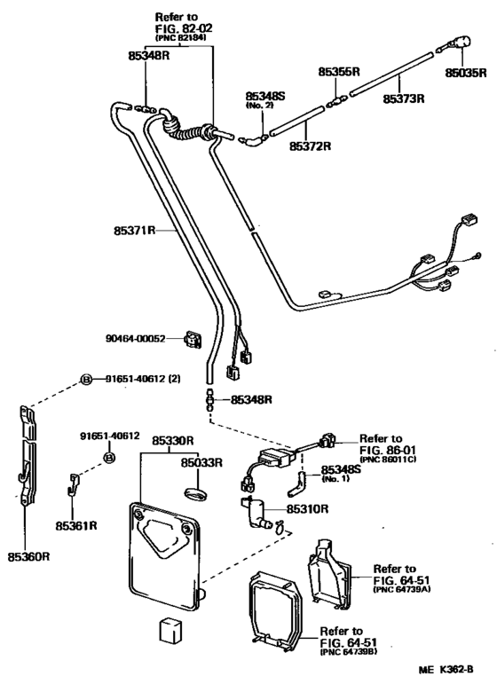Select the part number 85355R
pyautogui.click(x=339, y=71)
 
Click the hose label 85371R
pyautogui.click(x=134, y=230)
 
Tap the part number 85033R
pyautogui.click(x=203, y=462)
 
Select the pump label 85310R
pyautogui.click(x=307, y=509)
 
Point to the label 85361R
pyautogui.click(x=86, y=525)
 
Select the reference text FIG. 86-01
pyautogui.click(x=383, y=450)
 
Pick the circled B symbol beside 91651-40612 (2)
pyautogui.click(x=87, y=379)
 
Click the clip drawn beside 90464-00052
pyautogui.click(x=191, y=339)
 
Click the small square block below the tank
pyautogui.click(x=170, y=628)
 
